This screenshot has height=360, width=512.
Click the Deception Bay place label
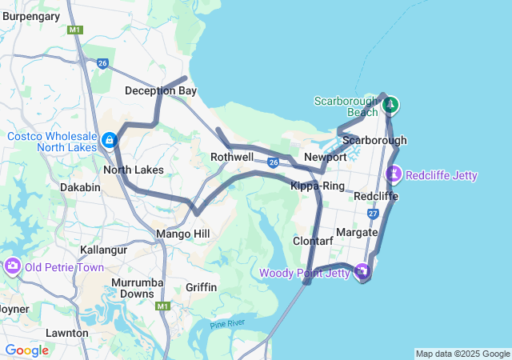tap(160, 91)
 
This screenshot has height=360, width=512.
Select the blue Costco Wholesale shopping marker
tap(108, 141)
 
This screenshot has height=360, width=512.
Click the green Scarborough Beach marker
tap(390, 104)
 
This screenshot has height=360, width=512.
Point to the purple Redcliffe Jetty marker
tap(394, 174)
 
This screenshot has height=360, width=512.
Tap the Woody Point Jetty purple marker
tap(363, 272)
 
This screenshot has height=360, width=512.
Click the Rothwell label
tap(232, 158)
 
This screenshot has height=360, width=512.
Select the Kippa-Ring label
tap(317, 186)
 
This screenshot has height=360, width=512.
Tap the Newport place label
tap(326, 157)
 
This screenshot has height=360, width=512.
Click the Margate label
tap(357, 232)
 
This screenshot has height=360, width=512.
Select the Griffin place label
tap(201, 287)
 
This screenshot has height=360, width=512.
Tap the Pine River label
tap(226, 323)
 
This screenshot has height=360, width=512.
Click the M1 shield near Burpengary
tap(75, 30)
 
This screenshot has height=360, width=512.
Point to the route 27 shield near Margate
tap(374, 214)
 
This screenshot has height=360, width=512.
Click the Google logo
tap(26, 350)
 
